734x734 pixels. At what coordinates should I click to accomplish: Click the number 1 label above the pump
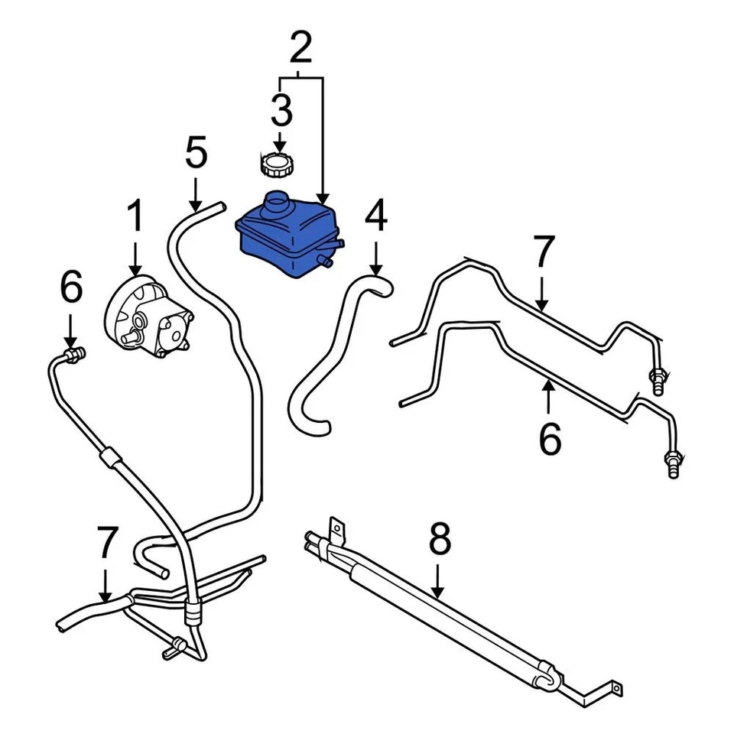point(135,217)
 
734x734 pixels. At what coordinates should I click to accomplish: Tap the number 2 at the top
point(300,47)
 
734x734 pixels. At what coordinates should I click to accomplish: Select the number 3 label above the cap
point(281,111)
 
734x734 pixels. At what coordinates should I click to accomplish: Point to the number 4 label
point(375,217)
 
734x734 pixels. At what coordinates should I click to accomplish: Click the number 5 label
point(196,154)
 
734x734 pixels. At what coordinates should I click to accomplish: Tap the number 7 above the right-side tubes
point(542,254)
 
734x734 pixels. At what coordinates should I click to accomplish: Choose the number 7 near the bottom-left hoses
point(106,542)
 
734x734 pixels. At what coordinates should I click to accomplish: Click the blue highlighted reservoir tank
point(287,233)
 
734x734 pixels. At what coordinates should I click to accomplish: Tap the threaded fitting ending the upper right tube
point(657,380)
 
